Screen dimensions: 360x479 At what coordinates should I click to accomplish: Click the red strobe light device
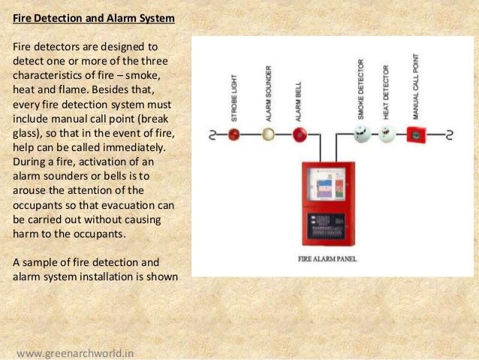pos(233,135)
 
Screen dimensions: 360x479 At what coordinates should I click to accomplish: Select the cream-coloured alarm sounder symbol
pos(267,135)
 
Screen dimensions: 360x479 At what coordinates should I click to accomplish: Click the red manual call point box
pos(414,135)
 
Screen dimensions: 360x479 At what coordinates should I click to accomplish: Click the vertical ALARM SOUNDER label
pos(268,93)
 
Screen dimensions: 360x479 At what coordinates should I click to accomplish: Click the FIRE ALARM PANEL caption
pos(327,259)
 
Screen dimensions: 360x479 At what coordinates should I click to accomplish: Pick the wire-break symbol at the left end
pos(211,135)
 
